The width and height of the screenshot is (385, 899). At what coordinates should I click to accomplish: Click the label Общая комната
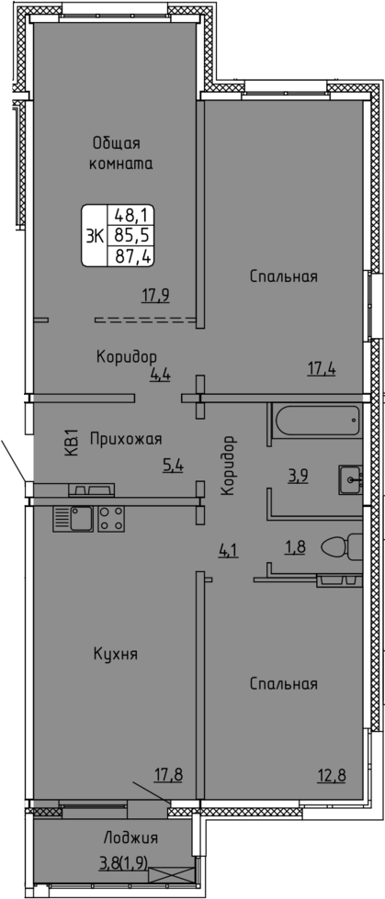[x=120, y=152]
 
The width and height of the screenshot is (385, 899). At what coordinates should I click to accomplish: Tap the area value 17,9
[x=155, y=296]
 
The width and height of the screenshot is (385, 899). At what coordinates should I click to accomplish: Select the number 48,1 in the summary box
[x=132, y=216]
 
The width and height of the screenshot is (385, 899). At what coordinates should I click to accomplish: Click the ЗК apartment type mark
[x=94, y=236]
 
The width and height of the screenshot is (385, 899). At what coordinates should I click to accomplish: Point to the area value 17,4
[x=322, y=368]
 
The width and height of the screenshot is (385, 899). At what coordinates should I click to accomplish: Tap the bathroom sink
[x=350, y=479]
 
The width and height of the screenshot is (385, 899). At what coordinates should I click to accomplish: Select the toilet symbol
[x=342, y=546]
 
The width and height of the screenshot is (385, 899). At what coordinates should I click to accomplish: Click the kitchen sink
[x=73, y=519]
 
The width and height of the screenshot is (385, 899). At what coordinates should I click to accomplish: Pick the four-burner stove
[x=111, y=519]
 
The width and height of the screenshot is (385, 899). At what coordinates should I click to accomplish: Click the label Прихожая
[x=126, y=440]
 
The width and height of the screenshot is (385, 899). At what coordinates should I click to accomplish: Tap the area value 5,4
[x=174, y=466]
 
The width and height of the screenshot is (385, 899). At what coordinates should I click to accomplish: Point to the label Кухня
[x=116, y=654]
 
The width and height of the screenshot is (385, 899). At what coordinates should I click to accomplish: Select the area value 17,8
[x=169, y=776]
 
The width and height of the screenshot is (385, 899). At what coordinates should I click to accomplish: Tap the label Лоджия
[x=130, y=838]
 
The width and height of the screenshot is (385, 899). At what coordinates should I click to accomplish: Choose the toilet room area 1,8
[x=295, y=546]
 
